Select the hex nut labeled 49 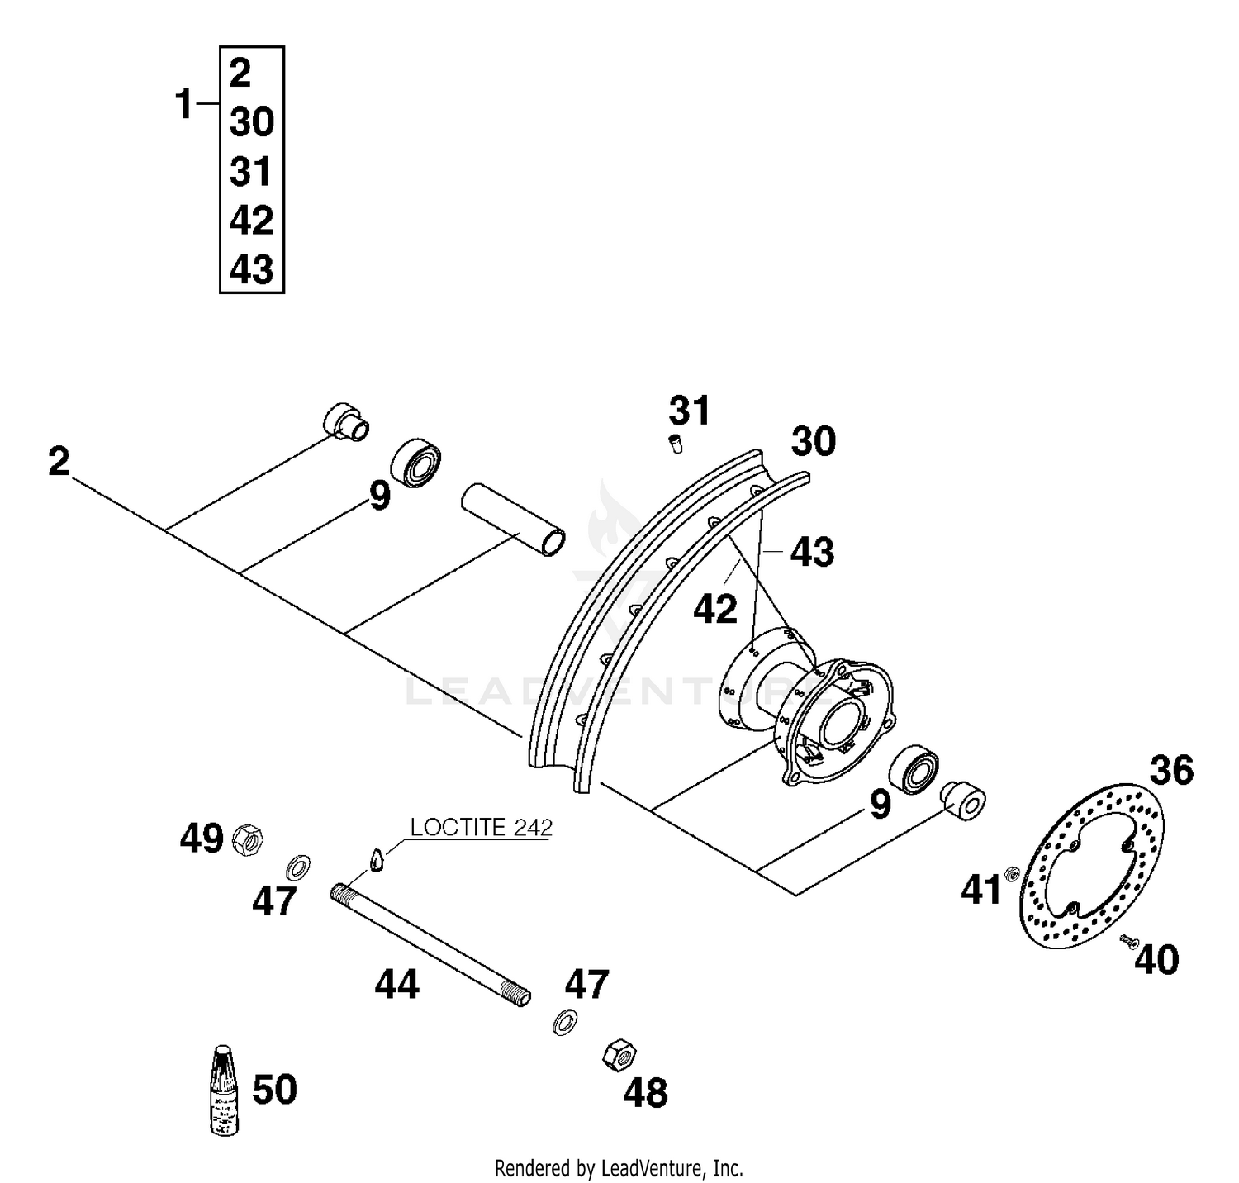coord(247,841)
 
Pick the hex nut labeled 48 coord(619,1055)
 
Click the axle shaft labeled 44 coord(430,944)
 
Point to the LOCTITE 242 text coord(481,828)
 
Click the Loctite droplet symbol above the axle coord(377,860)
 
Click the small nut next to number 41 coord(1010,873)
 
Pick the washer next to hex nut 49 coord(297,867)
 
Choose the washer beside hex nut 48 coord(565,1022)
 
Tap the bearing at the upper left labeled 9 coord(415,463)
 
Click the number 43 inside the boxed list coord(251,269)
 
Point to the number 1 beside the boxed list coord(184,106)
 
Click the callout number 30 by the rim coord(814,442)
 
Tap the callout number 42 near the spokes coord(714,610)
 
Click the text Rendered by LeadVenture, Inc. coord(619,1168)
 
